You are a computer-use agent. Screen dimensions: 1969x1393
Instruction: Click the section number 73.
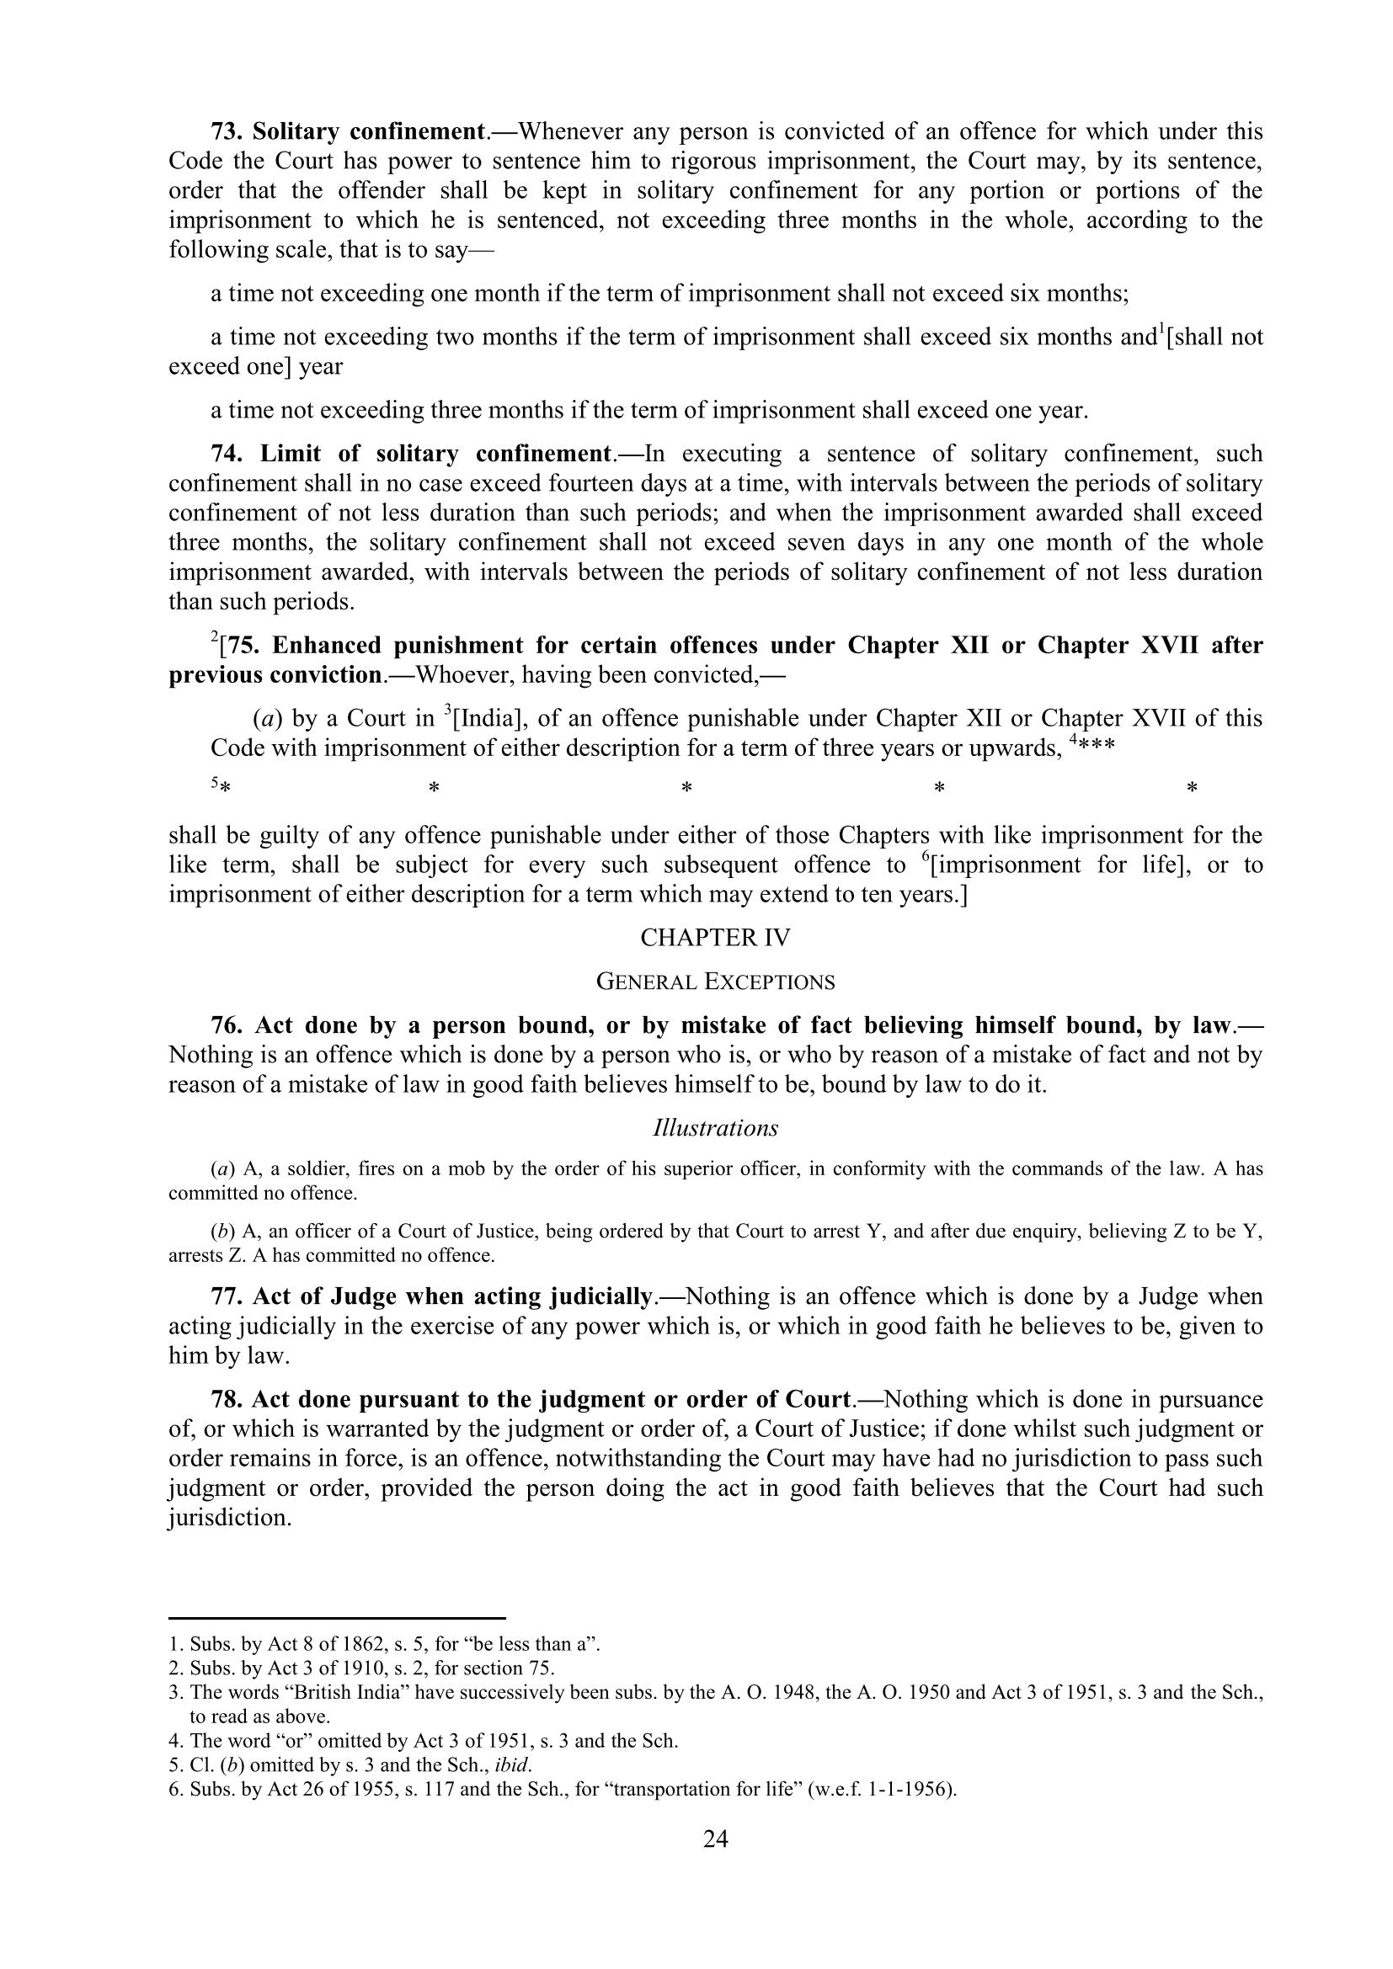(x=226, y=132)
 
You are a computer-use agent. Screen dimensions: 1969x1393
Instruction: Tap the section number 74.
(x=226, y=454)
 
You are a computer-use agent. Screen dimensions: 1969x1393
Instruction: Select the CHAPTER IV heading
(x=715, y=937)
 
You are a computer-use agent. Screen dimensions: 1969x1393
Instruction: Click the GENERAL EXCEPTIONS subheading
(x=715, y=981)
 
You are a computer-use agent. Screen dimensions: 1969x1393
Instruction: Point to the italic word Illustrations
(x=715, y=1128)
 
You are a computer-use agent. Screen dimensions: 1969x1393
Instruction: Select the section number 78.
(x=226, y=1400)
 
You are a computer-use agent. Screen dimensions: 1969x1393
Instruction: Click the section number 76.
(x=226, y=1025)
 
